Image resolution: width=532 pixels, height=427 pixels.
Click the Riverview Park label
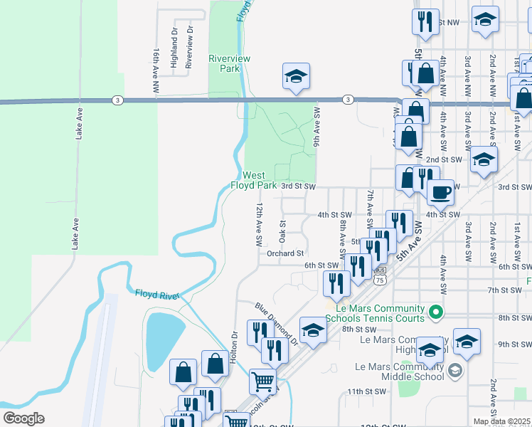224,63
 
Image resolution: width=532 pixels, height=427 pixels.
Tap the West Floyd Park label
253,180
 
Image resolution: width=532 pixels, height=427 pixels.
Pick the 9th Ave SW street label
316,127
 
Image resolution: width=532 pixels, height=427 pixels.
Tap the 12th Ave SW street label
260,224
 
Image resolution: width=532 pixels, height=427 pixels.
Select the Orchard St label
285,253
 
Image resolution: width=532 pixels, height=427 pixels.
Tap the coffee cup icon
440,192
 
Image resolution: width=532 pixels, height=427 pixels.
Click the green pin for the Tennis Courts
437,312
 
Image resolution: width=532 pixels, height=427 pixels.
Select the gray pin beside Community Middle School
455,370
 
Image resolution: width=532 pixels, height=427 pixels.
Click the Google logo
23,418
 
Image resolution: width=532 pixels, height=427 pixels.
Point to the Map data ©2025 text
502,421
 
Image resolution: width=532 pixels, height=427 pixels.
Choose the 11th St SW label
366,391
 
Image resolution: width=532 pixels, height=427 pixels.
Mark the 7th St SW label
506,290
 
